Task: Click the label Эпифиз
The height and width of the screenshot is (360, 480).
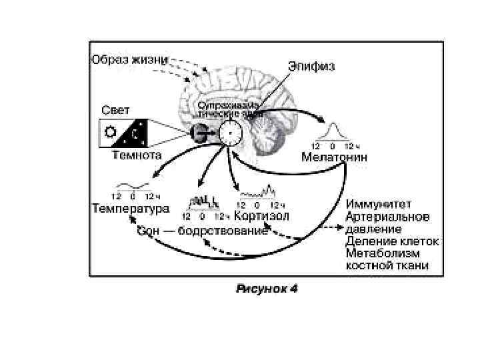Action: tap(311, 66)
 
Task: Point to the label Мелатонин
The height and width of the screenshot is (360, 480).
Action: tap(333, 158)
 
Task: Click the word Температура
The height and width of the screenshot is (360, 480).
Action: tap(131, 208)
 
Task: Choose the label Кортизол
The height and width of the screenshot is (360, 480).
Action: tap(262, 217)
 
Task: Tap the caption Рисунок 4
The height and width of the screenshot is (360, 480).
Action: tap(266, 289)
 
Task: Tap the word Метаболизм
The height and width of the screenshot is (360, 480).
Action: tap(384, 253)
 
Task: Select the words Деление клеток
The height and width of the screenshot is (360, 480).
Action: tap(392, 241)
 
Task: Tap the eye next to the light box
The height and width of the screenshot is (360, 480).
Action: tap(199, 133)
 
